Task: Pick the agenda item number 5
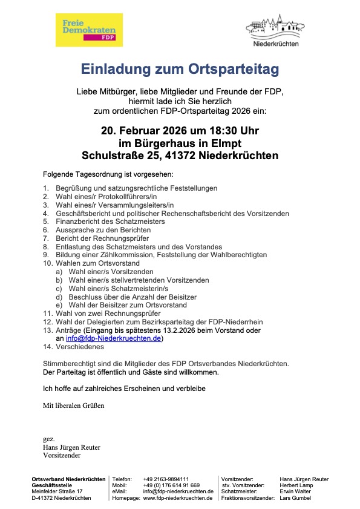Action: (45, 222)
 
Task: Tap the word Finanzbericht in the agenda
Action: (75, 222)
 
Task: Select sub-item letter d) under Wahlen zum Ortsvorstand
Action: (59, 297)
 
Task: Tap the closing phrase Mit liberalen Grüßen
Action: (73, 405)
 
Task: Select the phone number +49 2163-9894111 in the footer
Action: (166, 479)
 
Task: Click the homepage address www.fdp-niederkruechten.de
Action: (178, 498)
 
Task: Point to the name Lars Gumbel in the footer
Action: (296, 498)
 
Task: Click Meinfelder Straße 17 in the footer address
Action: (57, 491)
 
